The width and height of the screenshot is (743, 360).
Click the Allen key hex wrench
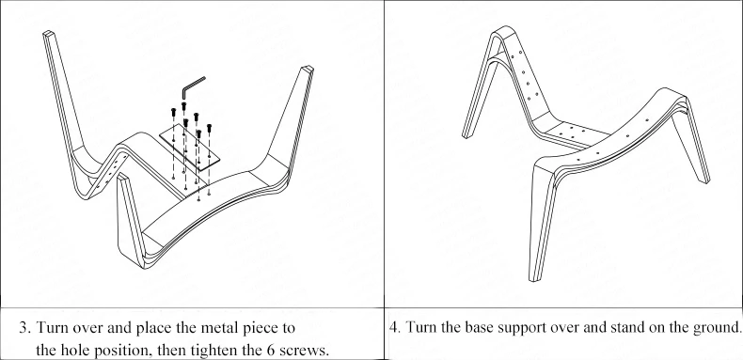coord(190,86)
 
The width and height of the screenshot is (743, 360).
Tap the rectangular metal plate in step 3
coord(190,148)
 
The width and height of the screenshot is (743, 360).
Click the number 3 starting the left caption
coord(23,328)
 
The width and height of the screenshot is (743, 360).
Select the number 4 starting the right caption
coord(393,328)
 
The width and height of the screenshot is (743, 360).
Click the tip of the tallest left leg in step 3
coord(48,33)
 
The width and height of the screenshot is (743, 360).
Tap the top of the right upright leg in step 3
coord(307,70)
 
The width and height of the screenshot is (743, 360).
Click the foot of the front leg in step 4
coord(534,280)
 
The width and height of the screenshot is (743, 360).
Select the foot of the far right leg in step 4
coord(706,180)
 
